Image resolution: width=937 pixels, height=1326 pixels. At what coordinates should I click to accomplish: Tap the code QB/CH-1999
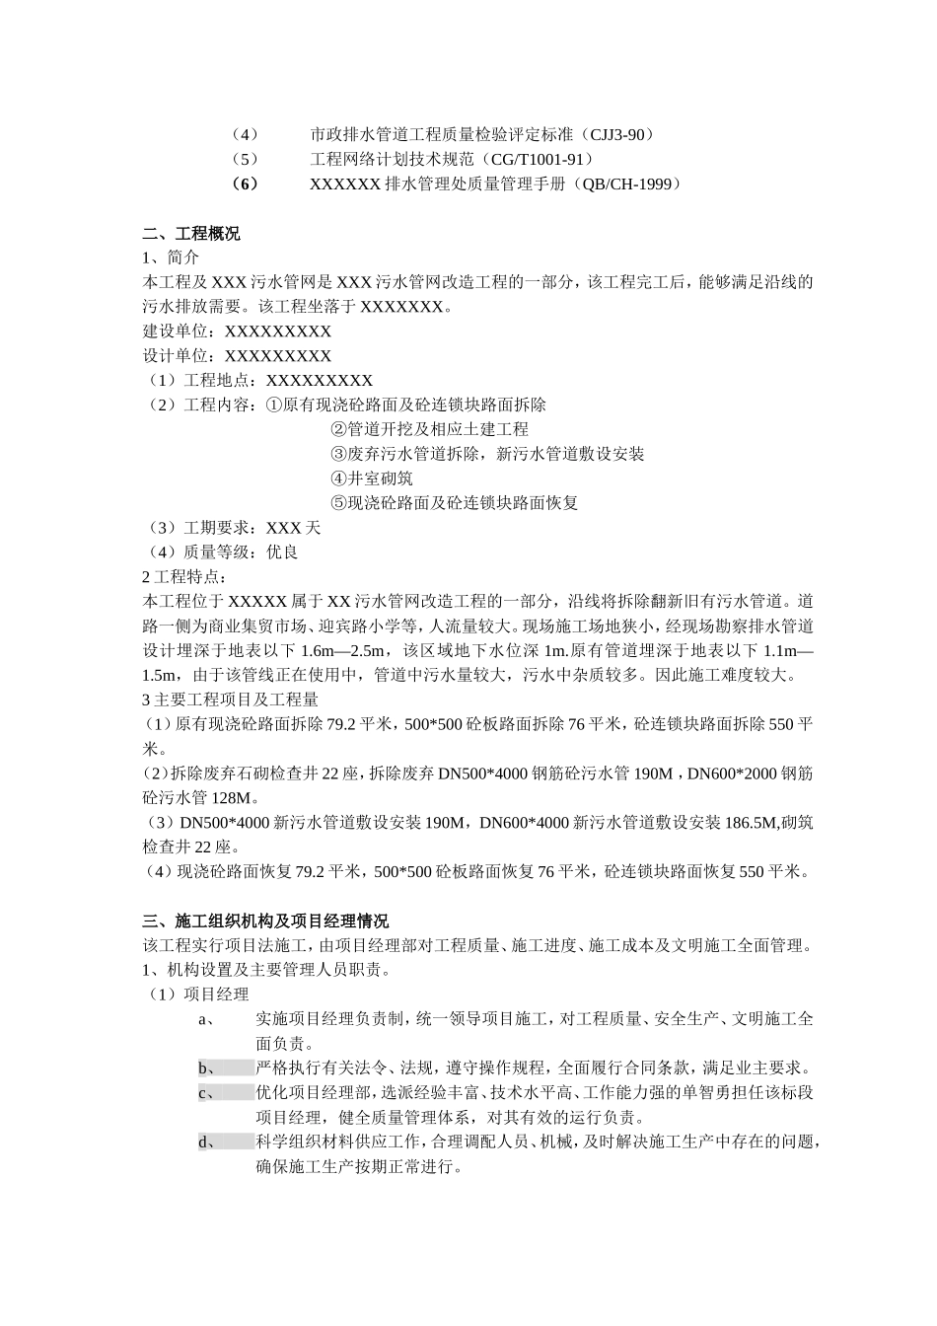click(626, 184)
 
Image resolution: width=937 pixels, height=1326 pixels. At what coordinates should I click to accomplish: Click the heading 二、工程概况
click(191, 234)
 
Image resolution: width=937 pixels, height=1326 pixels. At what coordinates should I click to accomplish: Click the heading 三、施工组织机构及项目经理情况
click(265, 921)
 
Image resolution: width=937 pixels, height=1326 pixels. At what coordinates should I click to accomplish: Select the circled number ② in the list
click(338, 429)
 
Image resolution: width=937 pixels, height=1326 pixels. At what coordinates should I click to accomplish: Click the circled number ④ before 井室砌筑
click(338, 479)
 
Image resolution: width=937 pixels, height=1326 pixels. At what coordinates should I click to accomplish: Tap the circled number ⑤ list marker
click(338, 503)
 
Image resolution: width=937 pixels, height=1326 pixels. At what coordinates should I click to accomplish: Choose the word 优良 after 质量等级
click(282, 552)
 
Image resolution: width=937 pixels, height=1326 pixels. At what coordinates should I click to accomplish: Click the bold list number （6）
click(243, 184)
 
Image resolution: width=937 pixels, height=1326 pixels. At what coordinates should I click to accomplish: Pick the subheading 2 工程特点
click(185, 577)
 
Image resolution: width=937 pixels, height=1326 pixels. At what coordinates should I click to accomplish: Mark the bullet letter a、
click(207, 1019)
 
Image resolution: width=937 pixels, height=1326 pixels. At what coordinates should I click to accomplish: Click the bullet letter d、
click(207, 1142)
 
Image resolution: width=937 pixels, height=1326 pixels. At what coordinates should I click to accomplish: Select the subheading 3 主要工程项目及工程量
click(231, 700)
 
